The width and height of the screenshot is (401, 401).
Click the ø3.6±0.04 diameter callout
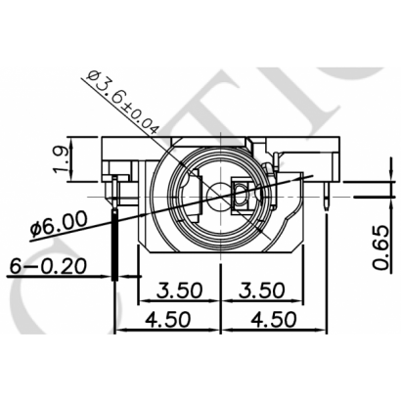123,102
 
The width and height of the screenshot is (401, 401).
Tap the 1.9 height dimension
62,159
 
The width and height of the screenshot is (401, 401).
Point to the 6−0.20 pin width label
48,266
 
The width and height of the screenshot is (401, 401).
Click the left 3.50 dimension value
179,290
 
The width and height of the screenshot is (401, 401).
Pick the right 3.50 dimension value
262,290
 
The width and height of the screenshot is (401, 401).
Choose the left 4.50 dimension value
167,319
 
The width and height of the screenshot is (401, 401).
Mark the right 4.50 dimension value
274,319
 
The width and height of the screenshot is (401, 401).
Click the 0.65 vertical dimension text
381,247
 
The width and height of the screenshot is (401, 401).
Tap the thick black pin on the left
114,245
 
